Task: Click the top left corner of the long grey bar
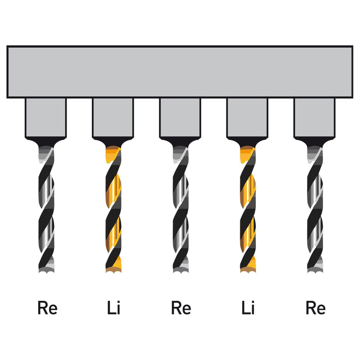tap(7, 46)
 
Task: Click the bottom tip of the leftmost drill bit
tap(47, 273)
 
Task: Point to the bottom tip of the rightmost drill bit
tap(315, 273)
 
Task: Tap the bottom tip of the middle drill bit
tap(181, 273)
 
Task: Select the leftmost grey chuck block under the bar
tap(46, 118)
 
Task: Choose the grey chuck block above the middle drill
tap(180, 118)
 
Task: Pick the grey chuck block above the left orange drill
tap(113, 118)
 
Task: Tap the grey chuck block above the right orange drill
tap(247, 118)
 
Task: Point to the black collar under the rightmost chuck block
tap(315, 142)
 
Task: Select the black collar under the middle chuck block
tap(180, 142)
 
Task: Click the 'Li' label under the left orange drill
tap(114, 307)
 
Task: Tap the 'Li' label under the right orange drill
tap(248, 307)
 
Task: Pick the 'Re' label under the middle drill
tap(181, 308)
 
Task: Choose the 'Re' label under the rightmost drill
tap(316, 308)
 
